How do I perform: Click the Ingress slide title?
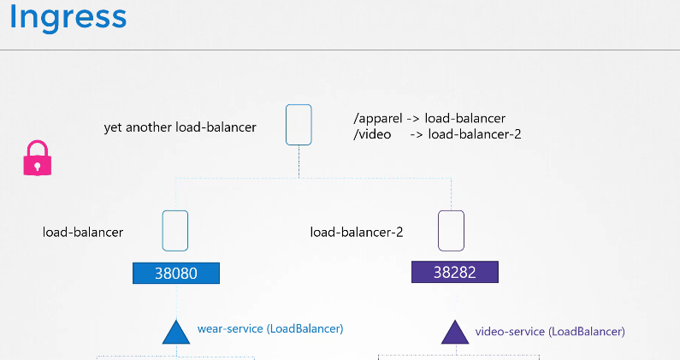[x=68, y=17]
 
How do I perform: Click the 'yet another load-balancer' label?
[x=180, y=127]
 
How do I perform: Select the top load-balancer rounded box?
[x=299, y=125]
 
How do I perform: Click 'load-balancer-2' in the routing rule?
[x=475, y=134]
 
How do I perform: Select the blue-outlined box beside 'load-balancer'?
[x=175, y=230]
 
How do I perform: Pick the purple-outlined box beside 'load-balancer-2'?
[x=451, y=230]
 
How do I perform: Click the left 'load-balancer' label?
[x=83, y=232]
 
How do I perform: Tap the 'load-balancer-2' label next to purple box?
[x=356, y=232]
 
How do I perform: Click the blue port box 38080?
[x=176, y=273]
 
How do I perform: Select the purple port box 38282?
[x=454, y=273]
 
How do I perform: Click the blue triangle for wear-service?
[x=174, y=332]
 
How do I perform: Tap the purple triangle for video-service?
[x=454, y=332]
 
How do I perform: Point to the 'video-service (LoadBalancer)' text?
[x=549, y=331]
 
